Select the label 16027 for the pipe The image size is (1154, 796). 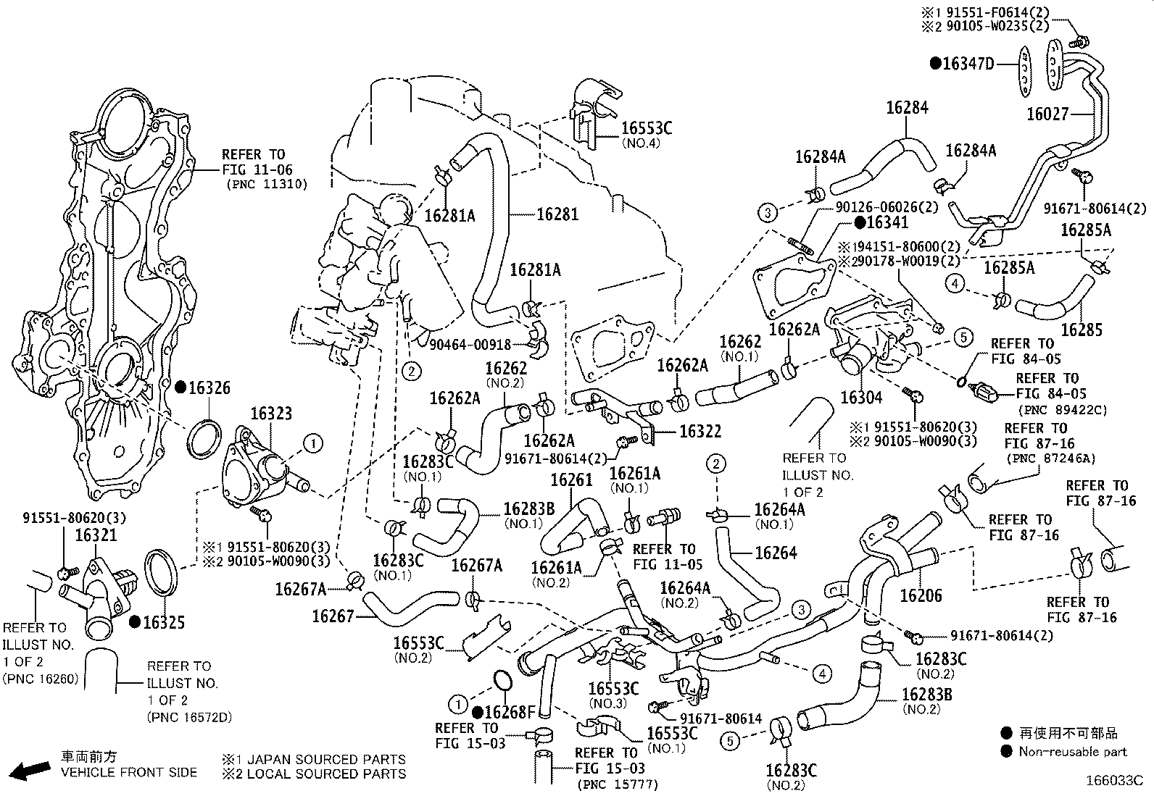1048,114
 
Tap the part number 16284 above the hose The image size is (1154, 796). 906,108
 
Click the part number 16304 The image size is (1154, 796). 861,398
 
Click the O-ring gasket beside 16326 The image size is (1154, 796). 203,437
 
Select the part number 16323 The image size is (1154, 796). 271,414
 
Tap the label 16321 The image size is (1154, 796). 96,535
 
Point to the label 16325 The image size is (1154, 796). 163,622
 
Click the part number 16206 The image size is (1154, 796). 921,595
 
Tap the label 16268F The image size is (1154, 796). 510,713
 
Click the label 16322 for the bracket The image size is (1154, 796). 700,432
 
